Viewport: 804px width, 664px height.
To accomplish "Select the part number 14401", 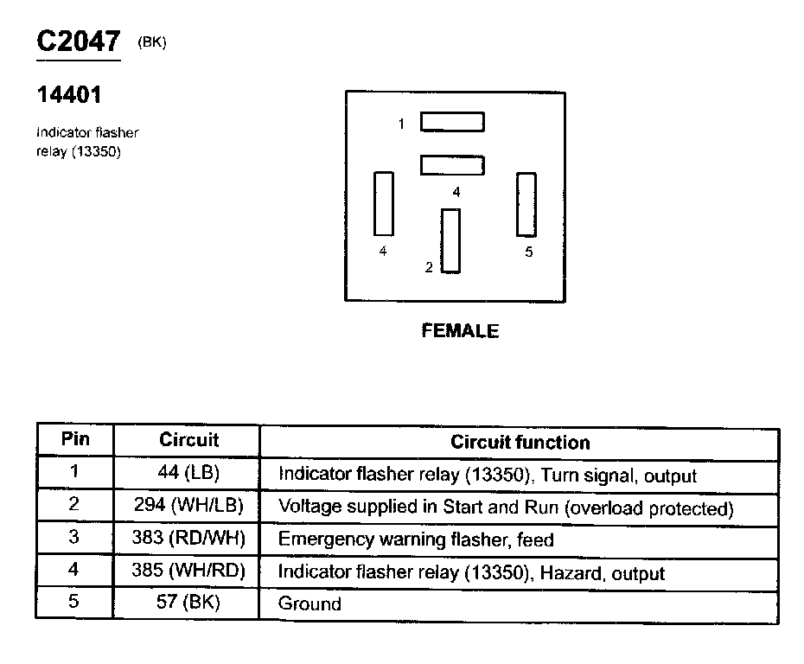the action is point(69,94).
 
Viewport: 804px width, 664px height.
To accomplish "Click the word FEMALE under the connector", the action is point(460,330).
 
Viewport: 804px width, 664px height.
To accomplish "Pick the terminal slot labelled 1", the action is point(452,122).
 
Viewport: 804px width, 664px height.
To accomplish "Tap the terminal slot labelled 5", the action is point(526,204).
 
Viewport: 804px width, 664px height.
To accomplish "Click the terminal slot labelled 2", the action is point(450,240).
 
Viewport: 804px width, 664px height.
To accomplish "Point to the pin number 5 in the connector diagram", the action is point(529,252).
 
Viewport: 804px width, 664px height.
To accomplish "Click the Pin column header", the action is point(75,439).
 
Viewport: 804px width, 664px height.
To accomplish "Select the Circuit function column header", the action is point(520,442).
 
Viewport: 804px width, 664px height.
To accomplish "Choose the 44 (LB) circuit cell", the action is point(189,474).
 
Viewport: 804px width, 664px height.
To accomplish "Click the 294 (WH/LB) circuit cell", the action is point(189,507).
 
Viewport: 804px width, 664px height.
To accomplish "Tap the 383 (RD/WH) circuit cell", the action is point(189,539).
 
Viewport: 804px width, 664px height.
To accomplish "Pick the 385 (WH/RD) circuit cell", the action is point(189,571).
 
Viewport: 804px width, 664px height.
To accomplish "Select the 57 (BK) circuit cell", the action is point(189,603).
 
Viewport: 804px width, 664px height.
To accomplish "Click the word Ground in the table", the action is point(309,604).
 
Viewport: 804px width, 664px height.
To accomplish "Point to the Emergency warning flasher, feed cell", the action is point(416,540).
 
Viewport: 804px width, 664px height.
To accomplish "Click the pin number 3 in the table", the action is point(74,538).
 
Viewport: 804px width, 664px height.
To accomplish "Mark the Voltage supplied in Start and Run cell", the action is point(506,508).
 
